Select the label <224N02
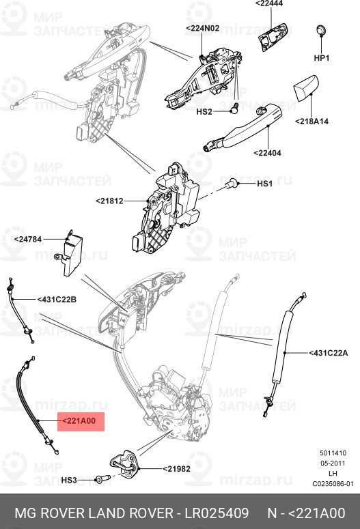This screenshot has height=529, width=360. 202,28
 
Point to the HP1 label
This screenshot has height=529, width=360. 321,58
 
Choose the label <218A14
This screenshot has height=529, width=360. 312,121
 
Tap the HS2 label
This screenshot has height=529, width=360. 204,111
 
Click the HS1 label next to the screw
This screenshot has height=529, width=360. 264,184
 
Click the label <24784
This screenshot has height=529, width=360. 27,240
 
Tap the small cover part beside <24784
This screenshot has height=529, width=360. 72,252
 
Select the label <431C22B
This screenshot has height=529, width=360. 57,300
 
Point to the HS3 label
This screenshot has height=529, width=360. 70,481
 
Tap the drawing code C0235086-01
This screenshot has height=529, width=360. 333,484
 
